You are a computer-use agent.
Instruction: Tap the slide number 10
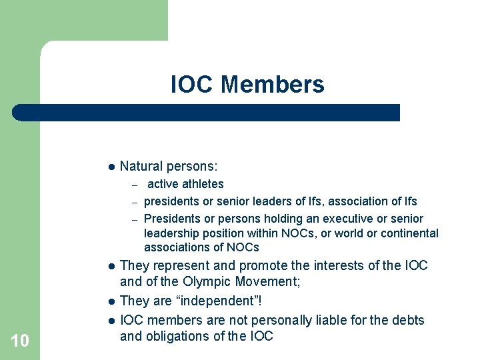[x=20, y=341]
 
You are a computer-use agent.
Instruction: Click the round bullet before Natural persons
[x=111, y=166]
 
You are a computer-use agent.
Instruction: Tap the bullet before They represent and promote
[x=111, y=266]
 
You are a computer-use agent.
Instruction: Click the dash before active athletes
[x=134, y=185]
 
